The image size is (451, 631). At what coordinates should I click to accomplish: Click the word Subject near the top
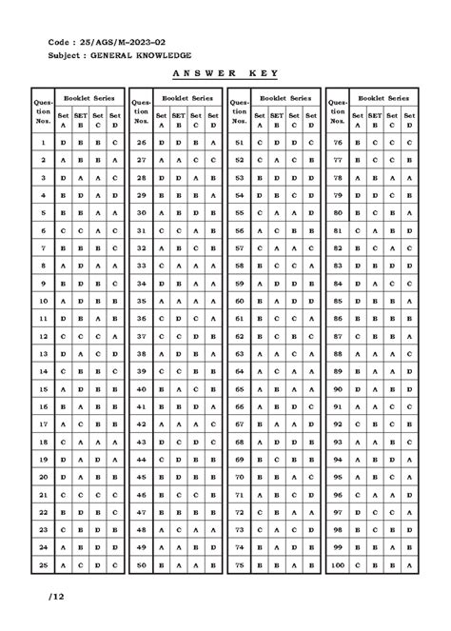pos(63,56)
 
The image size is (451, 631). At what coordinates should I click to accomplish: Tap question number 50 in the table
pos(141,565)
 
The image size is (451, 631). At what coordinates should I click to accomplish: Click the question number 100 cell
pos(337,565)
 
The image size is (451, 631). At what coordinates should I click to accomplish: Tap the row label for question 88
pos(337,353)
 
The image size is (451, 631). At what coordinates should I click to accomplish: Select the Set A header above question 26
pos(161,119)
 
